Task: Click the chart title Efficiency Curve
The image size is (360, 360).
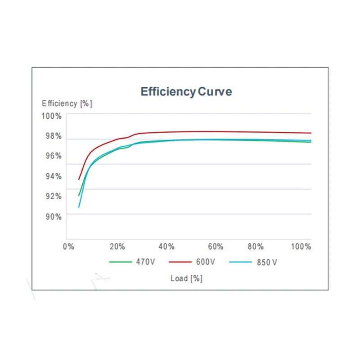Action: tap(186, 92)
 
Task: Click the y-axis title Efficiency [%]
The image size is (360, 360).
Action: tap(67, 103)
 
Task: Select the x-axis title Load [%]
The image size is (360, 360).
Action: tap(186, 278)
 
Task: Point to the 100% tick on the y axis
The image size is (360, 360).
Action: tap(51, 116)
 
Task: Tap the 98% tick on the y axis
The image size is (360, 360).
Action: tap(53, 136)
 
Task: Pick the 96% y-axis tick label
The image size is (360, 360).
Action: tap(53, 156)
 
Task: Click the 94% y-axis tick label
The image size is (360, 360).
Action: tap(53, 176)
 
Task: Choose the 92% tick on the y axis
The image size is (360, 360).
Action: tap(53, 196)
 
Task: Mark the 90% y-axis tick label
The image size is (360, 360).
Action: tap(53, 216)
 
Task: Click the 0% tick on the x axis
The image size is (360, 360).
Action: tap(68, 247)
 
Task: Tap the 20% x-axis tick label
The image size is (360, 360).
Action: tap(117, 247)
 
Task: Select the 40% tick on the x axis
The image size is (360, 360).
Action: tap(166, 247)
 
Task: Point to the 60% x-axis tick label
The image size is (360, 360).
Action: tap(216, 247)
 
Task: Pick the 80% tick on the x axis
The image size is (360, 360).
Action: tap(256, 247)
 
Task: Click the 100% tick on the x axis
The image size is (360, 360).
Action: tap(301, 247)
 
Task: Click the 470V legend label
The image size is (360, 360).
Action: tap(145, 261)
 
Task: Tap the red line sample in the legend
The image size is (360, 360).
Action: tap(181, 261)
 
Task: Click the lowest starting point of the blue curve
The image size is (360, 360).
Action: tap(79, 207)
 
